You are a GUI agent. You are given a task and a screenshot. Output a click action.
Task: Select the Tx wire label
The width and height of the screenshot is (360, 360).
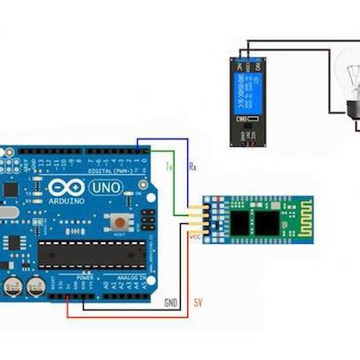click(x=168, y=167)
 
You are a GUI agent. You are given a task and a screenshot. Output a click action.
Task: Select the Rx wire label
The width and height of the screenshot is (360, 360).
click(x=192, y=167)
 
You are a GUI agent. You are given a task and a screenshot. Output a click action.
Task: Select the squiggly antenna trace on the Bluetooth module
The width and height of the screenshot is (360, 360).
click(x=297, y=220)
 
